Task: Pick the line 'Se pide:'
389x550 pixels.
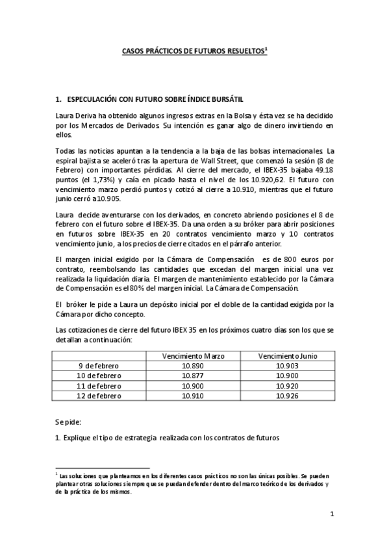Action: point(68,422)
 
